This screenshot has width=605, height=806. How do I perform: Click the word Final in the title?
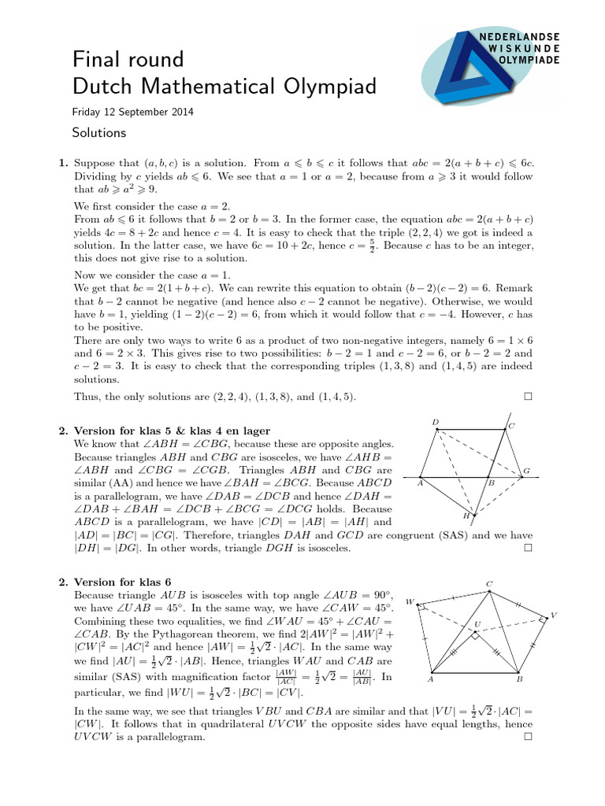(x=95, y=59)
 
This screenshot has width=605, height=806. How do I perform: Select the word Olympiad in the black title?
(x=318, y=87)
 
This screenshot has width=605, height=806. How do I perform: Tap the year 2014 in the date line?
(x=182, y=113)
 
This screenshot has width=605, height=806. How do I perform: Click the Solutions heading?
(x=98, y=132)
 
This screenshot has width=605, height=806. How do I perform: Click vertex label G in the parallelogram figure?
(x=527, y=471)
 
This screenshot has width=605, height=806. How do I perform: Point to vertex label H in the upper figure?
(x=466, y=516)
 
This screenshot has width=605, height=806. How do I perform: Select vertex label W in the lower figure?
(x=410, y=601)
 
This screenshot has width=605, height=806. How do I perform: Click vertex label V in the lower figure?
(x=553, y=615)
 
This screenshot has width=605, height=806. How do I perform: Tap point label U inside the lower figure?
(x=477, y=624)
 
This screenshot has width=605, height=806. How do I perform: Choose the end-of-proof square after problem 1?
(x=527, y=397)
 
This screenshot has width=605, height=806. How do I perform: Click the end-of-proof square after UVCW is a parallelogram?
(x=527, y=738)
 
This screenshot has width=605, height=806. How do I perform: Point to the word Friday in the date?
(x=87, y=113)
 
